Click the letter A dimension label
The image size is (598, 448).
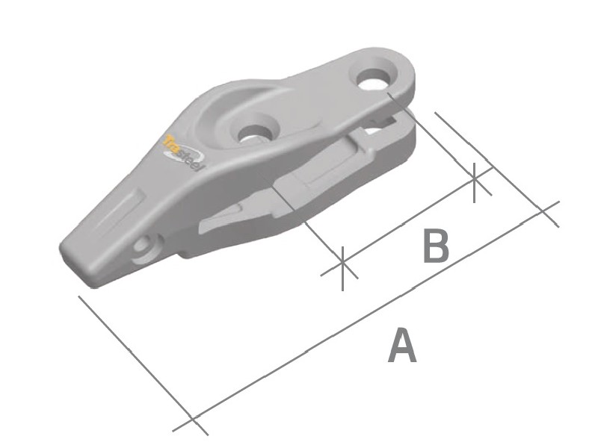pyautogui.click(x=401, y=346)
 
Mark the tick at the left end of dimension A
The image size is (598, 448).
pyautogui.click(x=192, y=420)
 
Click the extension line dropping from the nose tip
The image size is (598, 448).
pyautogui.click(x=135, y=355)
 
